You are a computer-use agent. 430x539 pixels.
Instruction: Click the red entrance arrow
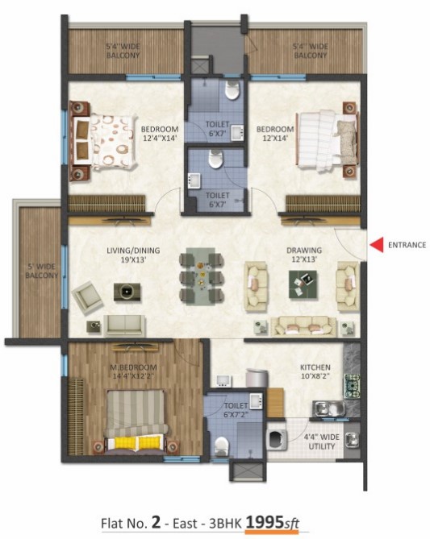[377, 245]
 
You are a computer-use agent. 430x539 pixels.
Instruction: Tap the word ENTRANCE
[407, 245]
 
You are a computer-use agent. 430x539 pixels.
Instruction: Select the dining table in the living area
[201, 276]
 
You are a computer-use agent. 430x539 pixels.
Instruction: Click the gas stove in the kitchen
[353, 385]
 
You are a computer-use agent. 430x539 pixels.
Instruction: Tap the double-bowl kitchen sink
[329, 408]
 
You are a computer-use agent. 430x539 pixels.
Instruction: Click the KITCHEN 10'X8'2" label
[315, 371]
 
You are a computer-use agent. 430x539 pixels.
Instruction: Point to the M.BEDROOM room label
[133, 367]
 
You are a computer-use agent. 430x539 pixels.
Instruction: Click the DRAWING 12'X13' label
[304, 255]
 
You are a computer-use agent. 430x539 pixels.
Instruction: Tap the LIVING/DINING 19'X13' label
[133, 255]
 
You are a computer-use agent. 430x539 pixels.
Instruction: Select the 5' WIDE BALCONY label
[41, 271]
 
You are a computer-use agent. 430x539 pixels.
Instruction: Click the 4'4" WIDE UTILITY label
[322, 442]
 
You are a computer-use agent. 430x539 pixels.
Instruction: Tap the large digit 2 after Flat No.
[156, 523]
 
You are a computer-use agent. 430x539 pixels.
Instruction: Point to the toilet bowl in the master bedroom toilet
[221, 446]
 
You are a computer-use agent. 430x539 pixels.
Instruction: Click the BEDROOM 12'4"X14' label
[160, 134]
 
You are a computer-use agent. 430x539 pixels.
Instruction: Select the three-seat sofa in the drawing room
[303, 326]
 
